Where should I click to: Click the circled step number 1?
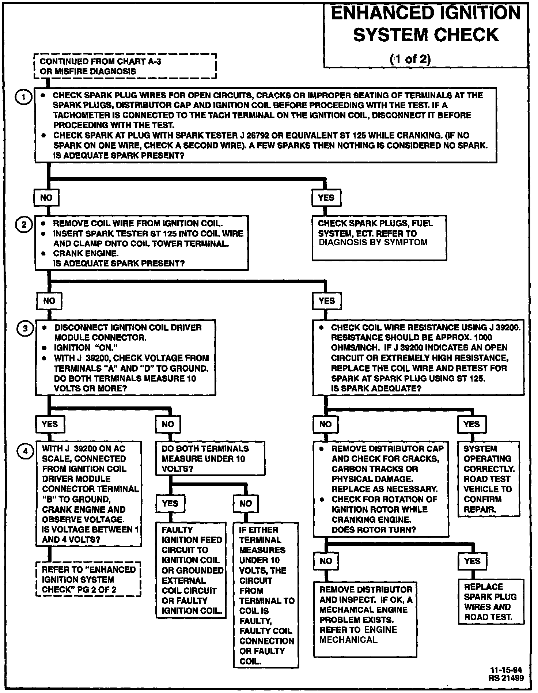point(23,97)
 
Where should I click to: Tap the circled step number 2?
point(24,224)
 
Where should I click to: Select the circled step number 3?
point(25,329)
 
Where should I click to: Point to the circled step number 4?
point(25,451)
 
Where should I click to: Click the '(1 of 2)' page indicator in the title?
point(410,59)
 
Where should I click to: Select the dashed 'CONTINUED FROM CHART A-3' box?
point(125,66)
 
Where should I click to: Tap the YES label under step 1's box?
point(326,198)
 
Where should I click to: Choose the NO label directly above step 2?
point(46,198)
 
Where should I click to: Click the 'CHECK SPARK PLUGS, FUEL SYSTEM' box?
point(379,238)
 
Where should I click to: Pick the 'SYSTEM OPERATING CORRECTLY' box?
point(489,479)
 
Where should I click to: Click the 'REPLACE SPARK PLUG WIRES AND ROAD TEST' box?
point(490,602)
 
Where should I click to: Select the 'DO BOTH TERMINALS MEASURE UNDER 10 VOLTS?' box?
point(210,459)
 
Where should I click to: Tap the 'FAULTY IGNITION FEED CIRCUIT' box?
point(191,570)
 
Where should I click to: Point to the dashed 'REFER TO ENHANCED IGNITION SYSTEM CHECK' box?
point(88,579)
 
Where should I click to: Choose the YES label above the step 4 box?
point(50,424)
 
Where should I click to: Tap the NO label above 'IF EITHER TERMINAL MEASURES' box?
point(246,503)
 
